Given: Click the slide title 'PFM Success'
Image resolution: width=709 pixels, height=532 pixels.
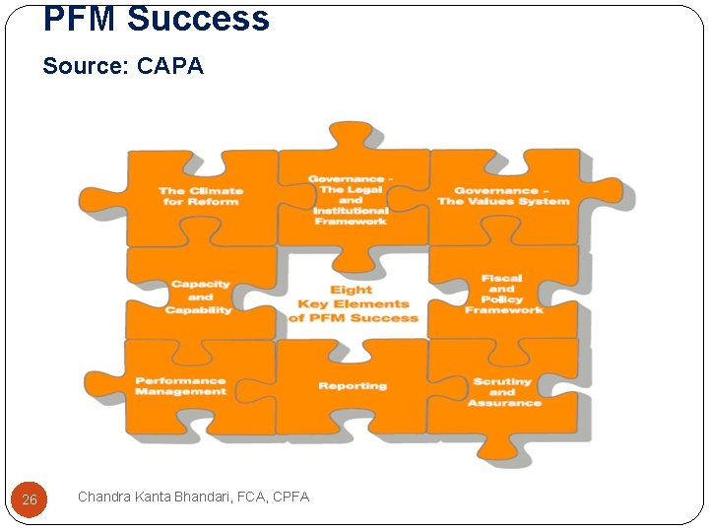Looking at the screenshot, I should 156,18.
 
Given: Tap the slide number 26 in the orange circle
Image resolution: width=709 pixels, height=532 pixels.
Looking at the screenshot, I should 30,499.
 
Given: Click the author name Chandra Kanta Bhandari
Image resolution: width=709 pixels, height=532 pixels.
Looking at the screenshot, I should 159,497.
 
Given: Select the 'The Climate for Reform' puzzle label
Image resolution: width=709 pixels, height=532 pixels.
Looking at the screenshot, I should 201,196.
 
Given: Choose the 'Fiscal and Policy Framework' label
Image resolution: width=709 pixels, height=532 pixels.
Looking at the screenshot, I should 503,295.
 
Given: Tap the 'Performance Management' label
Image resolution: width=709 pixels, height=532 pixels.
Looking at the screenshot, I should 180,386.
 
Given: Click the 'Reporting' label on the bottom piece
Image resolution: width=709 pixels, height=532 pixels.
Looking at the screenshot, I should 353,386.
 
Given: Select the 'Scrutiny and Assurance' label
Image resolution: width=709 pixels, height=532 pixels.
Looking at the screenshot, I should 503,391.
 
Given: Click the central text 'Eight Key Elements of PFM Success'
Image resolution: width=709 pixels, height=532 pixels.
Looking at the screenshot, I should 353,303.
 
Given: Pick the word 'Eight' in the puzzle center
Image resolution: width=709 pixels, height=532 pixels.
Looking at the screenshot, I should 352,290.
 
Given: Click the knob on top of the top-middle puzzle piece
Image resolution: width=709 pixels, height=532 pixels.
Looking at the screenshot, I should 350,134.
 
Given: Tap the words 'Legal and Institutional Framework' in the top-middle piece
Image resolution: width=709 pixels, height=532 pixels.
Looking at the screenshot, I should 351,206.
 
